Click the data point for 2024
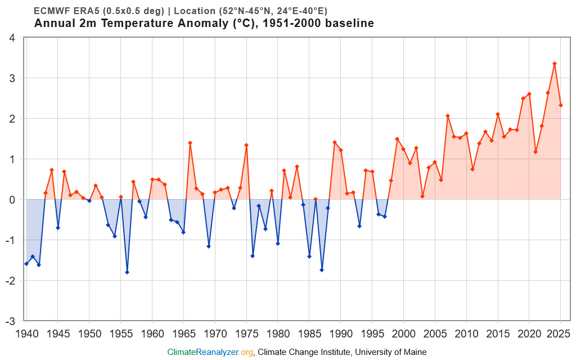(555, 64)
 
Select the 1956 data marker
(127, 272)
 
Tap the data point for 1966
(190, 143)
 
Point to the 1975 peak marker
(246, 145)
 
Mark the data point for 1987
(322, 270)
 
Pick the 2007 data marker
(448, 116)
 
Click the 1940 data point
(26, 264)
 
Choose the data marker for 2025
(561, 105)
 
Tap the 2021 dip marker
(535, 152)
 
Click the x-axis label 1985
(309, 333)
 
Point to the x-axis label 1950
(89, 333)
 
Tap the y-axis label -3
(11, 321)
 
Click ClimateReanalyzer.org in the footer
(210, 352)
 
